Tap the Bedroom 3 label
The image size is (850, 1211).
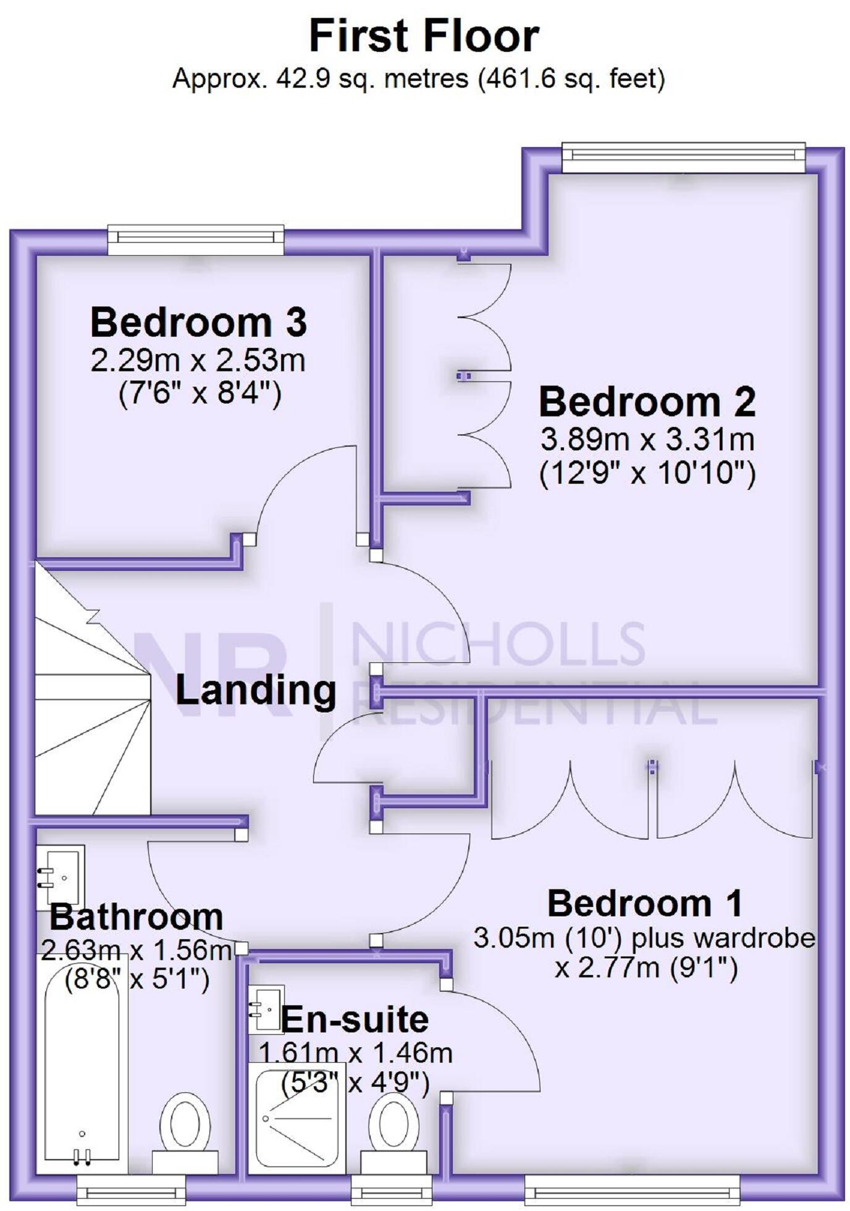(198, 323)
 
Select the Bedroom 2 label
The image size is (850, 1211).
(647, 402)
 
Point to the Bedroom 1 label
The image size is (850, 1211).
(644, 904)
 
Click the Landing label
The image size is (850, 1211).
(256, 690)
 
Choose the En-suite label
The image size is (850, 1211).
(355, 1020)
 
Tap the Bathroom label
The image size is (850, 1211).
(137, 917)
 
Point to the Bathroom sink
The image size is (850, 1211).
(61, 876)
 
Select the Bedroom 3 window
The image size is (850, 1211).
(196, 240)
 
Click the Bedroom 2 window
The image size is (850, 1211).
(683, 158)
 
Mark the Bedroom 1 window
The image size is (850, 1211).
(632, 1188)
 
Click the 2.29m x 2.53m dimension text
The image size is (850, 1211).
(198, 361)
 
